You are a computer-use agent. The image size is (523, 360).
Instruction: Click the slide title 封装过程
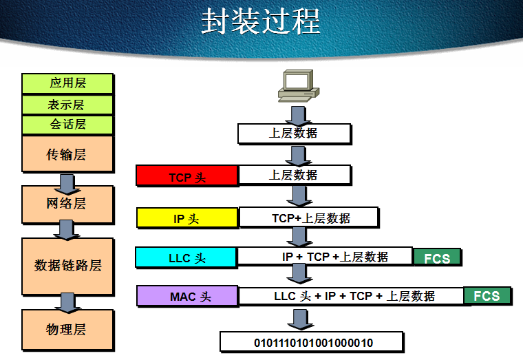click(261, 22)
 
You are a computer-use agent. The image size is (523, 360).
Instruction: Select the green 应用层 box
click(67, 83)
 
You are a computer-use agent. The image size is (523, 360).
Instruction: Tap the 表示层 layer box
click(67, 105)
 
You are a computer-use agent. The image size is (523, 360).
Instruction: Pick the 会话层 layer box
click(67, 125)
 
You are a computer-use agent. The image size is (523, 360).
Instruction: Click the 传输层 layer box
click(67, 154)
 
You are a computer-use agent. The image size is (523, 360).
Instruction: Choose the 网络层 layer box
click(67, 204)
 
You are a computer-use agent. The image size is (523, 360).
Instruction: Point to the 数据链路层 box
click(67, 266)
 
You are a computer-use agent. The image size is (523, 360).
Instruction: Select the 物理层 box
click(67, 330)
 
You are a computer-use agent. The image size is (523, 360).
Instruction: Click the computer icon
click(297, 86)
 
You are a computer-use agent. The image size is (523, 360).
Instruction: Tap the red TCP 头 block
click(187, 176)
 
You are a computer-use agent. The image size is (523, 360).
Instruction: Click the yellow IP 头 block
click(187, 218)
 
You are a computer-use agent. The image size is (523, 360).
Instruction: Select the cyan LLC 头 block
click(186, 258)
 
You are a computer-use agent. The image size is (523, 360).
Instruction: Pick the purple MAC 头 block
click(187, 297)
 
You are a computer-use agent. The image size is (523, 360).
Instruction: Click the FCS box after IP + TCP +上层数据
click(437, 258)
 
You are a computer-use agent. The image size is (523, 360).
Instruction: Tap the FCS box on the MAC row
click(487, 296)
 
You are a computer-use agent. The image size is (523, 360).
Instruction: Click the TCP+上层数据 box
click(309, 218)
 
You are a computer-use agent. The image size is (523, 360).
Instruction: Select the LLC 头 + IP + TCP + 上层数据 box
click(351, 296)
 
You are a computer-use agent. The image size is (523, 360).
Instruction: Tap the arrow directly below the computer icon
click(298, 114)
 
